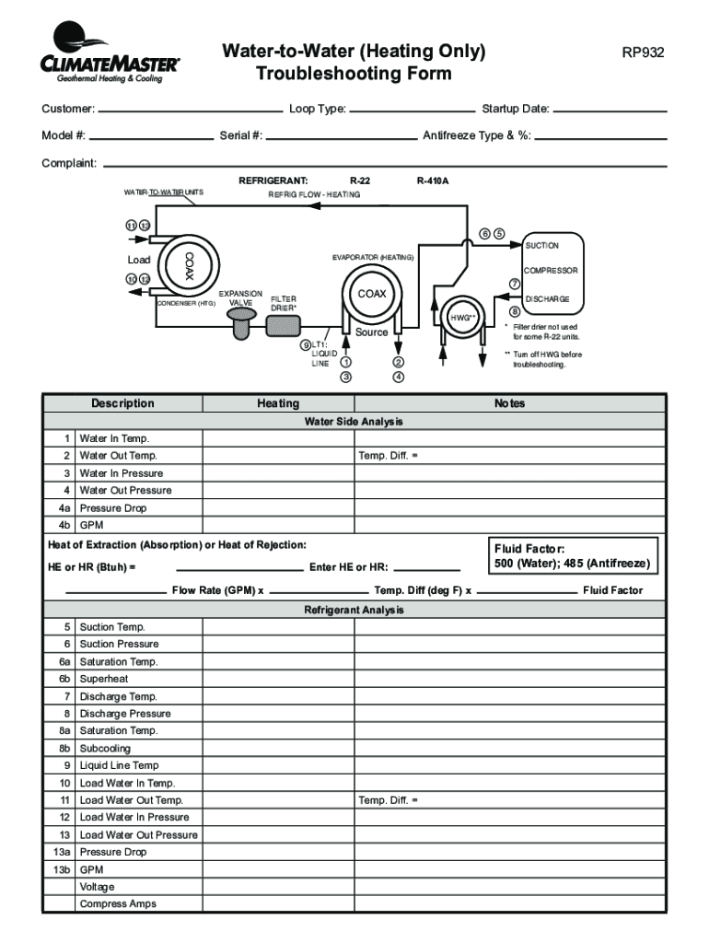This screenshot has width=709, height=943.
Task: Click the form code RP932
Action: coord(643,52)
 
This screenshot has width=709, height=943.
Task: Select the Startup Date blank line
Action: coord(610,111)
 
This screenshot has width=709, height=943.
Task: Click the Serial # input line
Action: coord(341,136)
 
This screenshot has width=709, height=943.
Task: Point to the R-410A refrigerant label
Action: coord(432,181)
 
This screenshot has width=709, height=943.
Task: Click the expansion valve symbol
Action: coord(241,321)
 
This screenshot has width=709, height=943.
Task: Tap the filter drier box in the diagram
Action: coord(284,325)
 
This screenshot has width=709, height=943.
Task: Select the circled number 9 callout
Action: coord(305,345)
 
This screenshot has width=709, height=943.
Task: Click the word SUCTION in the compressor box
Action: coord(541,246)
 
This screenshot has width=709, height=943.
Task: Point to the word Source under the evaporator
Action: coord(371,332)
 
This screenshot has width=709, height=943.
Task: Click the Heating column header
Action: coord(278,403)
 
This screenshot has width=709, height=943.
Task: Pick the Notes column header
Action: coord(509,403)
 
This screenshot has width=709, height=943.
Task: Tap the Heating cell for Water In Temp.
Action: coord(278,438)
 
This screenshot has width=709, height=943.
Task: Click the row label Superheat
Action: coord(104,679)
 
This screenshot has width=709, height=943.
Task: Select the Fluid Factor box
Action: coord(574,555)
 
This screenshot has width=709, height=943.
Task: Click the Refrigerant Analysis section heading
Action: coord(354,610)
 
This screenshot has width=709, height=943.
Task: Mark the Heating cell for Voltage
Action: coord(278,887)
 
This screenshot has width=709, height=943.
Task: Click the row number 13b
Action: coord(62,869)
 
